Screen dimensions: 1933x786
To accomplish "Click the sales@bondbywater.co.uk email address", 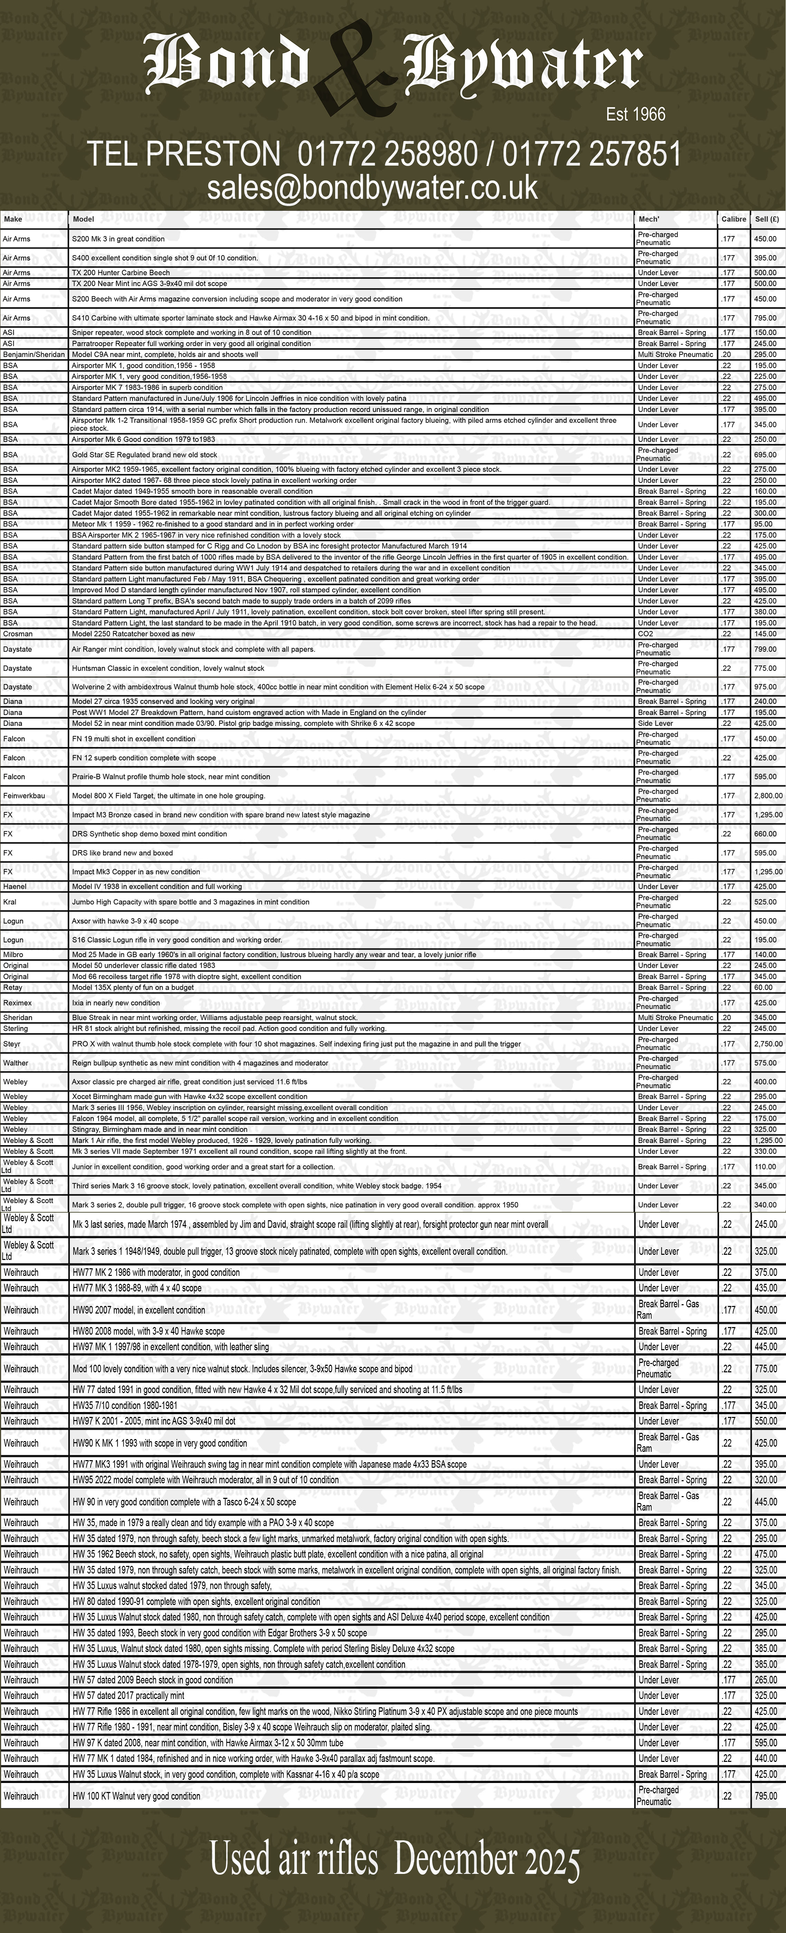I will (373, 187).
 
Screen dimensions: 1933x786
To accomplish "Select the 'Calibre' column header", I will (733, 219).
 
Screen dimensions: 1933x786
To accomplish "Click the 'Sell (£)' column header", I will (767, 219).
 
